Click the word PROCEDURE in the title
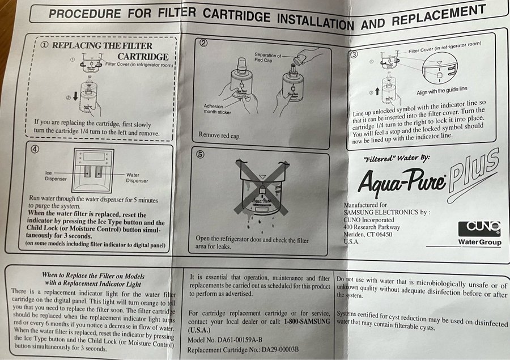coord(84,14)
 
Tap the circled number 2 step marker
coord(203,43)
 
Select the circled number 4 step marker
coord(35,149)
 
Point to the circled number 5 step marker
coord(201,154)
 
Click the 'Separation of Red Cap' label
coord(267,58)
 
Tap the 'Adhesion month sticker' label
coord(217,109)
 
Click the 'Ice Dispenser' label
coord(56,176)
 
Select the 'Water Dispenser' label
coord(137,177)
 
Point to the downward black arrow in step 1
coord(75,96)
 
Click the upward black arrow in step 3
coord(377,91)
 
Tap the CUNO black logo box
coord(479,229)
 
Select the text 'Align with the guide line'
coord(441,91)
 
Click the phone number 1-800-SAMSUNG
coord(307,321)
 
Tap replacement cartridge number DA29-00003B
coord(280,350)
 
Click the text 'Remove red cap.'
coord(219,135)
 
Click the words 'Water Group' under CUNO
coord(480,242)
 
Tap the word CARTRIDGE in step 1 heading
coord(143,57)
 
